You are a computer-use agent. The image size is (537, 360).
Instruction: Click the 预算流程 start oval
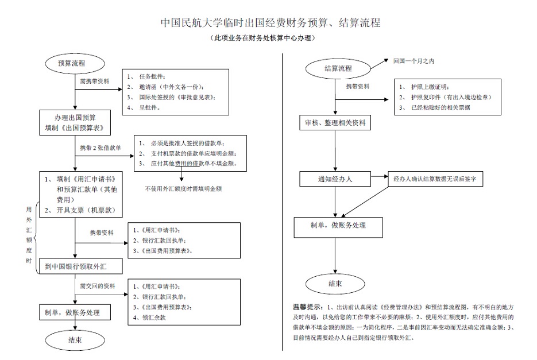(x=71, y=63)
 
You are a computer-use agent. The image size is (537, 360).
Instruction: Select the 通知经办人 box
(x=335, y=179)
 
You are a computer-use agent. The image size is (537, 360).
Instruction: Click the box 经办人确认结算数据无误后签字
(x=438, y=179)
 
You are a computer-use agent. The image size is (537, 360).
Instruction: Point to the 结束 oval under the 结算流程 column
(x=335, y=284)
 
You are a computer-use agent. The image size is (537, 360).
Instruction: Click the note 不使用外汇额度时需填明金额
(x=183, y=188)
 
